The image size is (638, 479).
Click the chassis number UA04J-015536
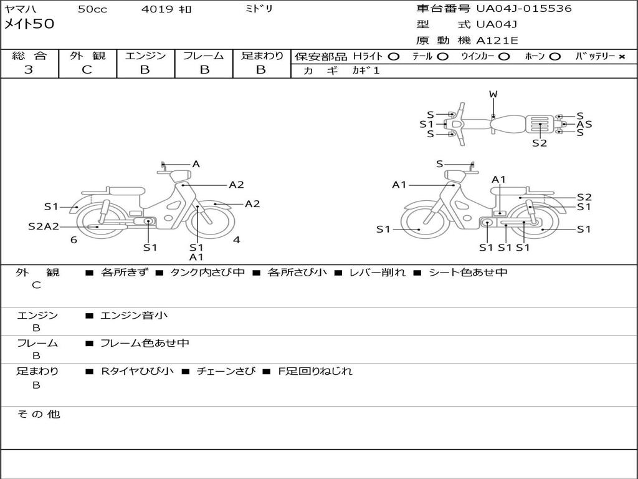524,9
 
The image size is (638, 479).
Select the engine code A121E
497,41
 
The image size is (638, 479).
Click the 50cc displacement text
92,9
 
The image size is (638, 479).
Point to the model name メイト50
29,24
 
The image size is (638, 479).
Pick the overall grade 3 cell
29,70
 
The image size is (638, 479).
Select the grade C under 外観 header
87,70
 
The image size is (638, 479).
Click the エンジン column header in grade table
145,56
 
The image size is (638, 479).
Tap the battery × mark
621,56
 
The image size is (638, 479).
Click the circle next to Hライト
393,56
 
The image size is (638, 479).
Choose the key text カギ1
366,70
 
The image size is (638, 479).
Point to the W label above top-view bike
493,94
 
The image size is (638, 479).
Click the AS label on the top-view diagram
584,124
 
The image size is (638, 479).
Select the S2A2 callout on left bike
44,226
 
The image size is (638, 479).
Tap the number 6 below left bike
74,240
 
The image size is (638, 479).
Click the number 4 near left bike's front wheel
237,239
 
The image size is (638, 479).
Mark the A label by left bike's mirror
196,164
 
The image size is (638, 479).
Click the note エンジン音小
133,316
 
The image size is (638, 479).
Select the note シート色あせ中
468,273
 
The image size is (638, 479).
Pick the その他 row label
38,414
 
